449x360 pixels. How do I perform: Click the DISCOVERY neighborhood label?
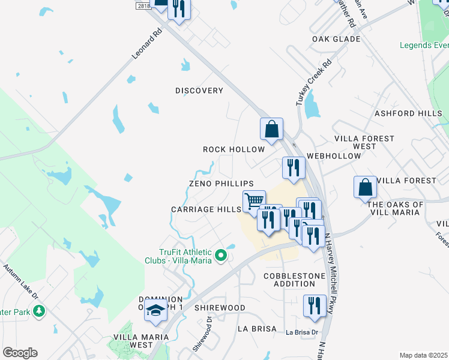199,91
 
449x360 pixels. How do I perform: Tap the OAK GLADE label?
336,39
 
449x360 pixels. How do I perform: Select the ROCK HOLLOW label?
234,149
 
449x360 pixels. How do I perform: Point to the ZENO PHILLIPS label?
221,184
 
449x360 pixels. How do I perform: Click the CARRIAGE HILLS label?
206,209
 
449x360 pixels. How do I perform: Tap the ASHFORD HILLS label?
408,113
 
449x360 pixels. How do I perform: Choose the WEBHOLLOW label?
334,156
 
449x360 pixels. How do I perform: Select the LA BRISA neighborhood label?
257,329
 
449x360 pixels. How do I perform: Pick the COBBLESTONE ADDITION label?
294,280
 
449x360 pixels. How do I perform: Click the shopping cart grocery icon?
254,200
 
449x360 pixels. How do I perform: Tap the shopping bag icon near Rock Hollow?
271,129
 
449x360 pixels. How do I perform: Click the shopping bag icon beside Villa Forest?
365,188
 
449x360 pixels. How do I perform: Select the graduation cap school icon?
156,311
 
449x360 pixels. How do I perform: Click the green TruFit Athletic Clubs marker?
221,256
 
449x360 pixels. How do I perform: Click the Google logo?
20,353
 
